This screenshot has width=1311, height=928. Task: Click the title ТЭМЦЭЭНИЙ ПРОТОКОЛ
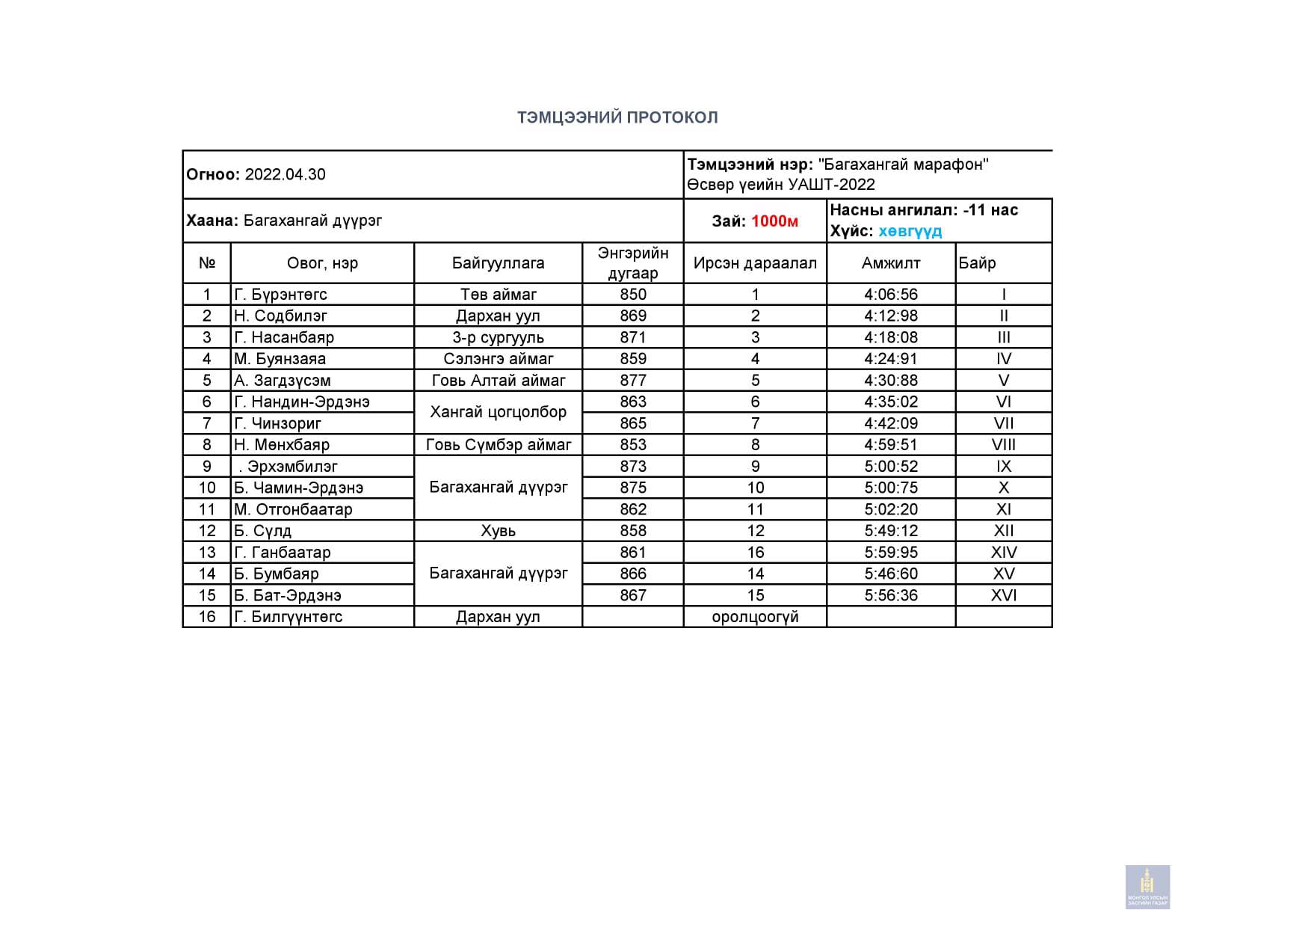(x=617, y=117)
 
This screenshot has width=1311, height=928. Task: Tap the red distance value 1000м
(x=774, y=221)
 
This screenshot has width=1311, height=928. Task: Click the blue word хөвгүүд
(x=910, y=231)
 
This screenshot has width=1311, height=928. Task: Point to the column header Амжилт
(x=890, y=263)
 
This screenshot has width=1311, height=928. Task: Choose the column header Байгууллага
(x=498, y=263)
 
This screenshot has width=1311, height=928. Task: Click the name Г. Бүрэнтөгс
(x=280, y=295)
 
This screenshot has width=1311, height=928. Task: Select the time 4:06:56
(x=890, y=295)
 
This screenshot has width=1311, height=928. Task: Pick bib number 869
(x=632, y=316)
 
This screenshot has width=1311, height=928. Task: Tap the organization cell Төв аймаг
(x=498, y=295)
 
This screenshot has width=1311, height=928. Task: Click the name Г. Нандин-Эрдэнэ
(x=301, y=402)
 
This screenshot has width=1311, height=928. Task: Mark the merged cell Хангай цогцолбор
(x=498, y=412)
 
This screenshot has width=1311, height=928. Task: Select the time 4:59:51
(x=890, y=445)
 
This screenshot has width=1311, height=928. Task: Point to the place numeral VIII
(x=1003, y=445)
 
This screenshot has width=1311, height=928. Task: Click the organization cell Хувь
(x=498, y=531)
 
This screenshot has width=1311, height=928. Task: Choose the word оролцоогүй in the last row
(x=755, y=617)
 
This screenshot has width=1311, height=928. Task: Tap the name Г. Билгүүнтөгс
(x=288, y=617)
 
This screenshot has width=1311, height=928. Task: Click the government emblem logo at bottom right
(x=1147, y=887)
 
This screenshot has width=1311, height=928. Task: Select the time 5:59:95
(x=890, y=553)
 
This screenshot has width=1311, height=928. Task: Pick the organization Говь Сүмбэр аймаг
(x=498, y=445)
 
